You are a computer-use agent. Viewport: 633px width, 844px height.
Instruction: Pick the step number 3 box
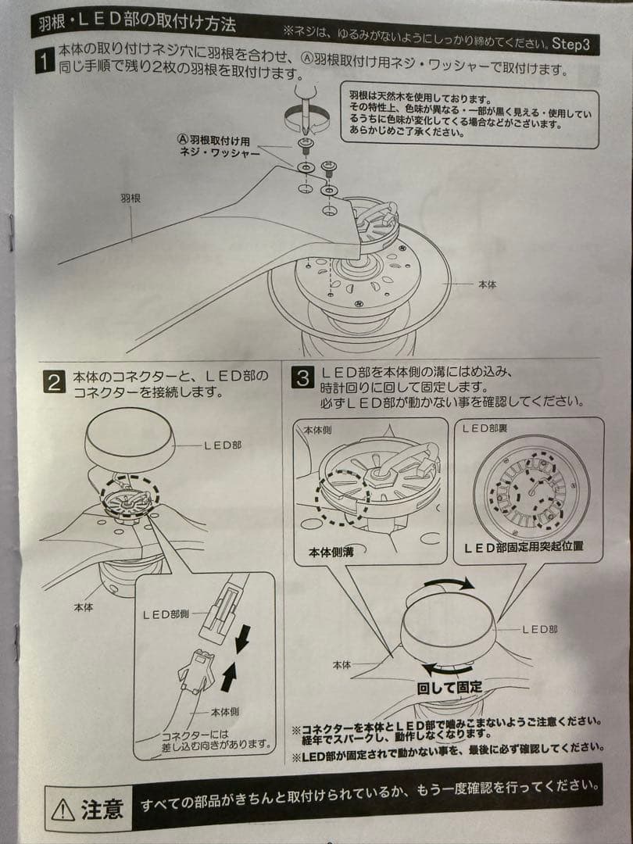click(302, 378)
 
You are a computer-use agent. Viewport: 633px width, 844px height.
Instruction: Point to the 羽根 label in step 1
click(130, 198)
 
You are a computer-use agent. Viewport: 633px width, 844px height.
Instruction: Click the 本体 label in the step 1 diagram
click(486, 285)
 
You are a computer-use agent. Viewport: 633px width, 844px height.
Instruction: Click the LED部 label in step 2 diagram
click(223, 445)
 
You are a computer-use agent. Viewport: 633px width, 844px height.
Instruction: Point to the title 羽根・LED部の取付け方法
click(137, 23)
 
